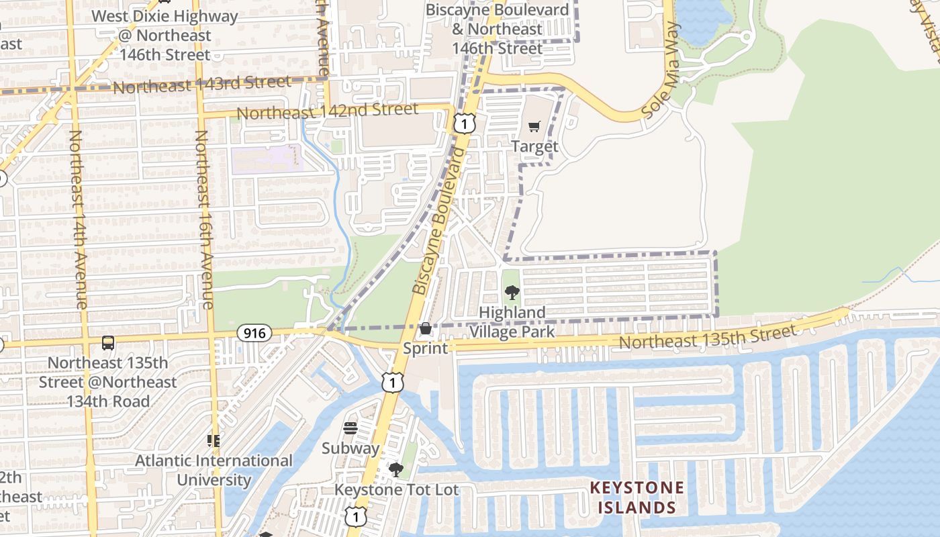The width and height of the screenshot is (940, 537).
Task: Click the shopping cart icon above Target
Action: pyautogui.click(x=534, y=127)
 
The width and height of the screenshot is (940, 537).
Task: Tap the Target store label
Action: pyautogui.click(x=534, y=146)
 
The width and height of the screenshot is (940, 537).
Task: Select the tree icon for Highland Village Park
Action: pyautogui.click(x=512, y=293)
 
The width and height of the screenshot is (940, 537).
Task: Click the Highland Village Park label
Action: pyautogui.click(x=512, y=322)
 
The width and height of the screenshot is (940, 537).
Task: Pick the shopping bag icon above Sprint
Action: pyautogui.click(x=425, y=328)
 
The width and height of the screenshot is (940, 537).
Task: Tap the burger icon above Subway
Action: pyautogui.click(x=350, y=428)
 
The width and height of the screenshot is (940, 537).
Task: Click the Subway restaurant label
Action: pyautogui.click(x=350, y=448)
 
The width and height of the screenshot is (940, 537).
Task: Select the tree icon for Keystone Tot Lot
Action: pyautogui.click(x=396, y=469)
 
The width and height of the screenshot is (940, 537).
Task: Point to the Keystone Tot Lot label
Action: pyautogui.click(x=396, y=490)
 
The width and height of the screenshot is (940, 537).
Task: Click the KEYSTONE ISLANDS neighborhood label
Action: pyautogui.click(x=637, y=497)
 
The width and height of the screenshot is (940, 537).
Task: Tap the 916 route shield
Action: pyautogui.click(x=254, y=333)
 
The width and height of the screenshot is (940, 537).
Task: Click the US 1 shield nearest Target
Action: pyautogui.click(x=464, y=123)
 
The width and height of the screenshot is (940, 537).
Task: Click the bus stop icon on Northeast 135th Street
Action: pyautogui.click(x=107, y=343)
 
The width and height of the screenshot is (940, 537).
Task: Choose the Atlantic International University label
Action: pyautogui.click(x=214, y=471)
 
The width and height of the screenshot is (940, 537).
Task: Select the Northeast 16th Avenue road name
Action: pyautogui.click(x=203, y=219)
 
